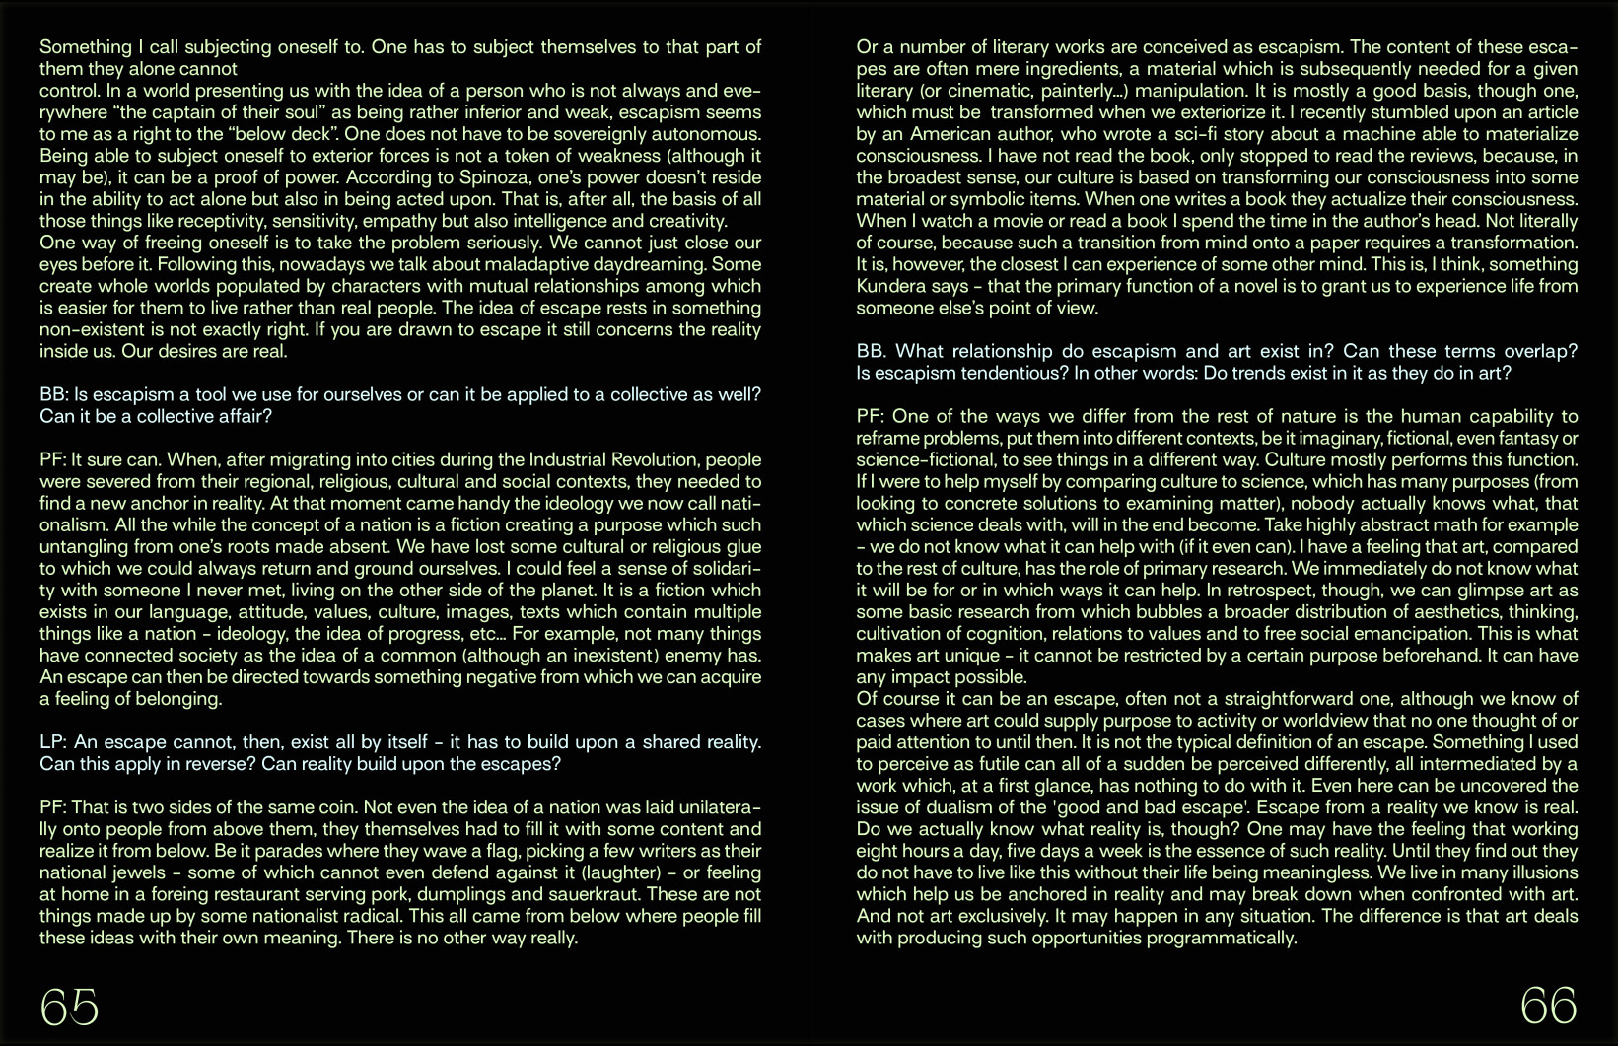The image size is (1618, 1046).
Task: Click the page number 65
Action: pos(69,1007)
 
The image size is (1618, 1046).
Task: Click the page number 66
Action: pos(1548,1007)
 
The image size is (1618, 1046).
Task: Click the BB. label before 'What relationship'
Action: pos(871,351)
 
